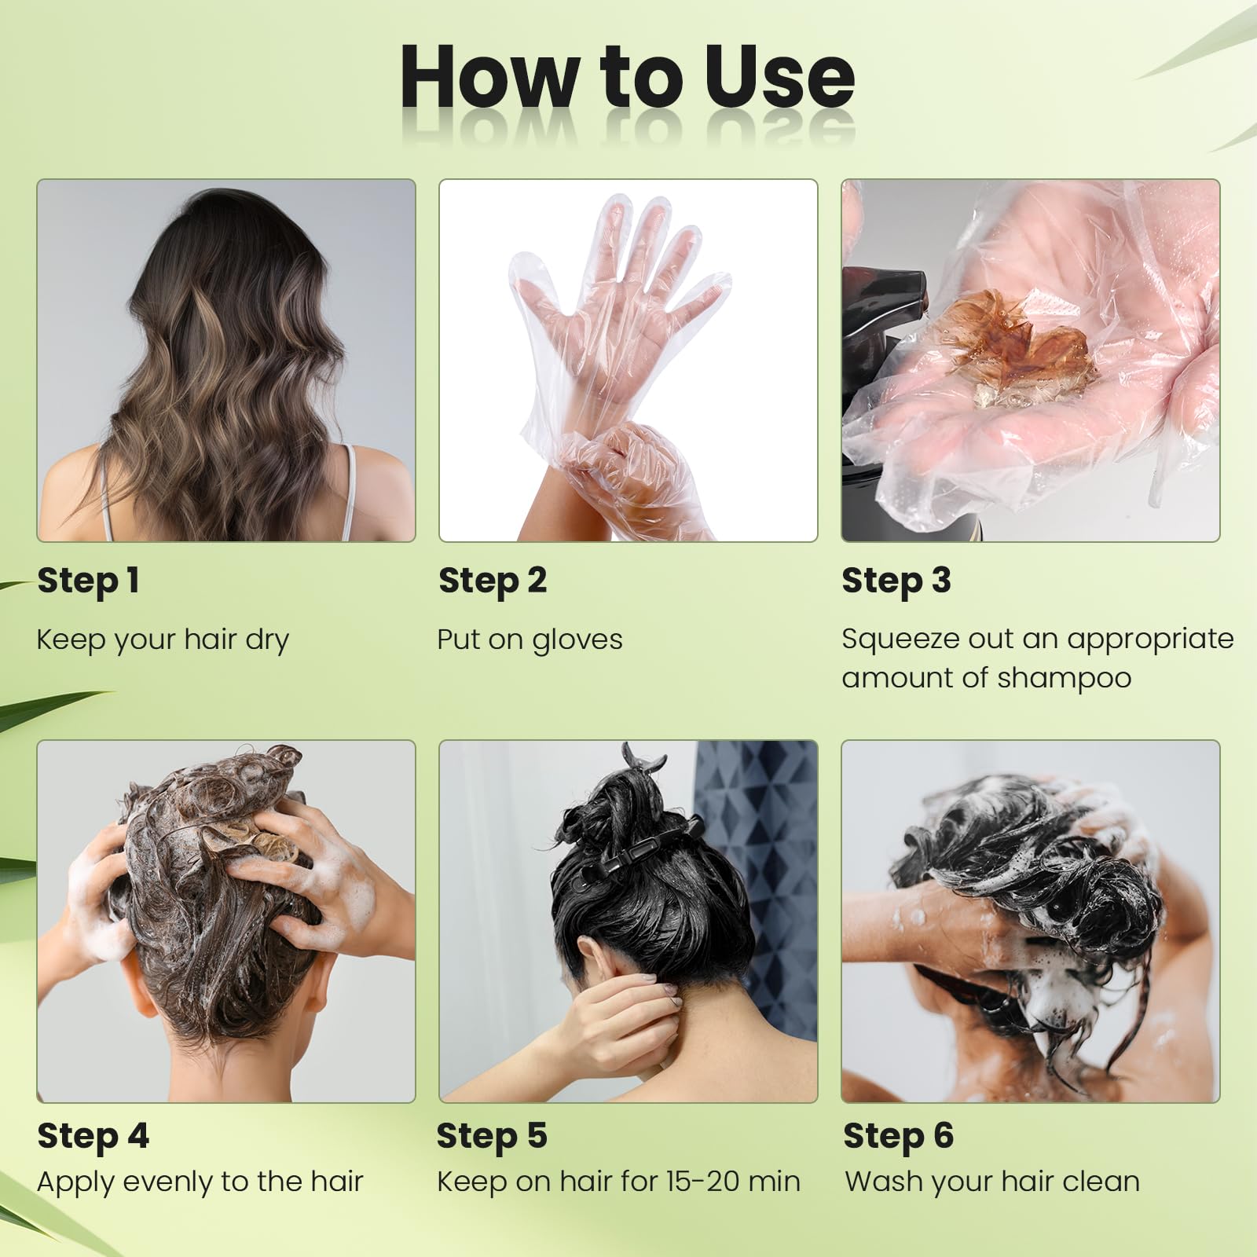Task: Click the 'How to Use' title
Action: tap(627, 77)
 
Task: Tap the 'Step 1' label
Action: tap(88, 581)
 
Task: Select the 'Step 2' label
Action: tap(493, 581)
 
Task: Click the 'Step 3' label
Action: tap(896, 581)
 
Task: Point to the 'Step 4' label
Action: tap(93, 1136)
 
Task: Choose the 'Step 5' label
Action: tap(492, 1136)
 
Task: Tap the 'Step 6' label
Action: tap(898, 1136)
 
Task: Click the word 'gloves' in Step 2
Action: tap(577, 640)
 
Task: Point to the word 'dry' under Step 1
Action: tap(267, 640)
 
